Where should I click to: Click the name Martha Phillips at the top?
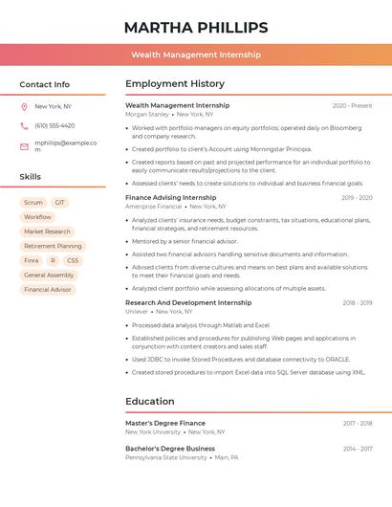(x=196, y=28)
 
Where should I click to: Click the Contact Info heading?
(x=45, y=84)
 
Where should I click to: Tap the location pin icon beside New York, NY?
(x=24, y=106)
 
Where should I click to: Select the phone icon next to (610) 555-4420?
(x=24, y=125)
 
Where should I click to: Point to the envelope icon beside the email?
(x=24, y=145)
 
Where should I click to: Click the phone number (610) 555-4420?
(x=54, y=125)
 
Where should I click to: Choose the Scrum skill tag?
(x=33, y=203)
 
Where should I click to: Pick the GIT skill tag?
(x=60, y=203)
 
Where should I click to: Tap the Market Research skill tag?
(x=47, y=231)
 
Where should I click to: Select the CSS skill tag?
(x=73, y=260)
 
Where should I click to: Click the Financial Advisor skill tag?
(x=48, y=289)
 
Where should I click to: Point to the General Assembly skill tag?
(x=48, y=275)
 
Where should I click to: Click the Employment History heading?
(x=175, y=84)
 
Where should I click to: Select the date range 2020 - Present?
(x=352, y=106)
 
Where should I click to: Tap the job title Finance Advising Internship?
(x=171, y=198)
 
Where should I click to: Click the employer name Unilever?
(x=137, y=311)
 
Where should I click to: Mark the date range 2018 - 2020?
(x=358, y=303)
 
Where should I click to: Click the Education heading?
(x=150, y=402)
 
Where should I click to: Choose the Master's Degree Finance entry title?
(x=165, y=423)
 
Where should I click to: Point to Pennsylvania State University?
(x=165, y=457)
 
